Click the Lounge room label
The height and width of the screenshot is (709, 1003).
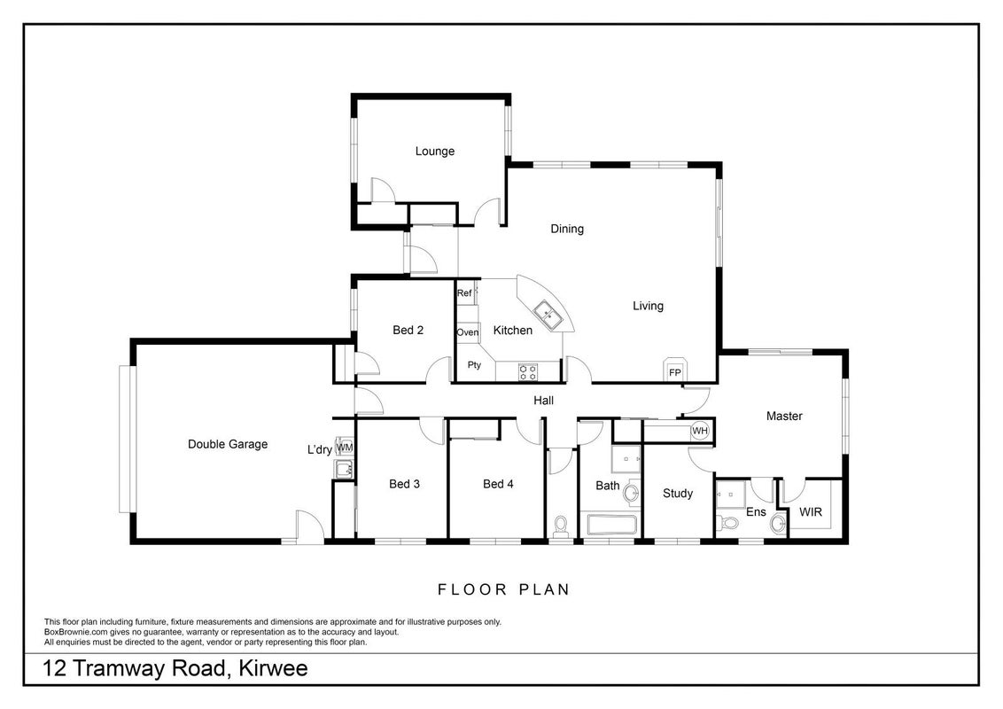click(x=434, y=152)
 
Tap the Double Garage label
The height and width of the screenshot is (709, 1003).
click(x=228, y=444)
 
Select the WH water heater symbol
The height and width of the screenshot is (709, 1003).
click(x=700, y=431)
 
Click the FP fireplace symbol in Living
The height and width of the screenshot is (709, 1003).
click(x=675, y=370)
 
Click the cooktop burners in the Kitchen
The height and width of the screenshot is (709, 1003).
click(x=528, y=371)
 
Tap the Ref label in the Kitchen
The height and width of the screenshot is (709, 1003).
click(x=464, y=293)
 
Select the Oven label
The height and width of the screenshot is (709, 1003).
click(x=468, y=332)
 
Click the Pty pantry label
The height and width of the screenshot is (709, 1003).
click(x=474, y=365)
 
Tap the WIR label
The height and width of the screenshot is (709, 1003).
click(x=811, y=512)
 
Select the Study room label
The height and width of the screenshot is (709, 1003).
click(x=678, y=494)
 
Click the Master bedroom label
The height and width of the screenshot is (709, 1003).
click(x=784, y=416)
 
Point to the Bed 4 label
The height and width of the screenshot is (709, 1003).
click(x=498, y=484)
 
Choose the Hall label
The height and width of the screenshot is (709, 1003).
click(x=544, y=401)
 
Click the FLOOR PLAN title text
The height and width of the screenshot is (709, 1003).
click(x=504, y=589)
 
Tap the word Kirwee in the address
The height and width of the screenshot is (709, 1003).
click(x=273, y=669)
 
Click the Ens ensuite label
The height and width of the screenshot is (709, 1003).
click(x=756, y=512)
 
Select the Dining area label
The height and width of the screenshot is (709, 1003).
click(x=567, y=229)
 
